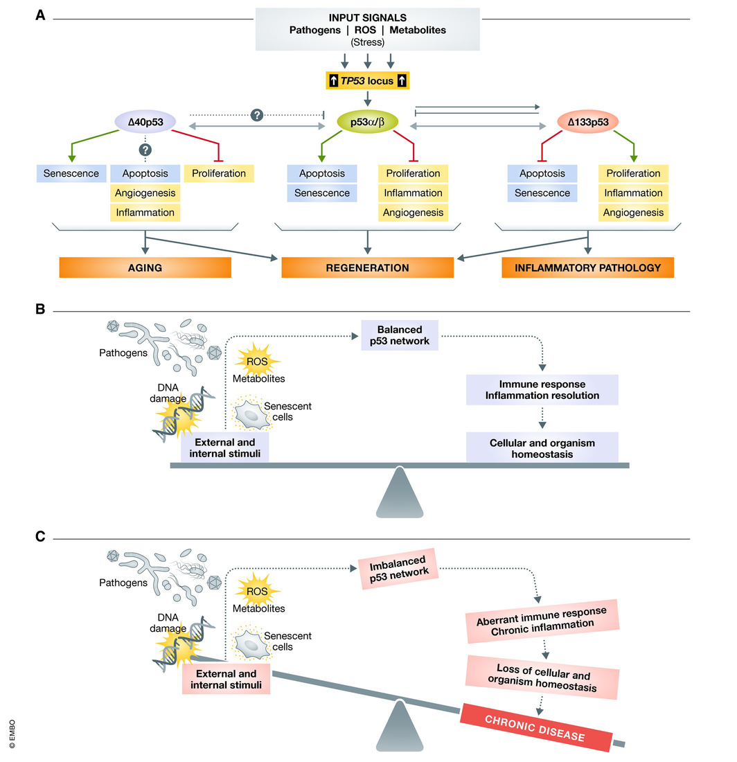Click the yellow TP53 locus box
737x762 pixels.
(367, 80)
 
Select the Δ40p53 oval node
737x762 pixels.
(145, 121)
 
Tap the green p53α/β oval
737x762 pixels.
(367, 121)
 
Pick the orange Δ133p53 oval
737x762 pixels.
(588, 121)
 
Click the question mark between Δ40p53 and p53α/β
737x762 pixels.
(257, 115)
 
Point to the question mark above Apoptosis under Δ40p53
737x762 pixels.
(145, 150)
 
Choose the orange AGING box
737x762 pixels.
(145, 268)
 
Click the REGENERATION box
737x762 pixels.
(367, 268)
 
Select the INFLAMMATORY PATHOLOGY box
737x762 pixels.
(588, 268)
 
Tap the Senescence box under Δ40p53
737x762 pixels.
(71, 173)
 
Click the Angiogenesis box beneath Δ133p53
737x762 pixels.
(634, 213)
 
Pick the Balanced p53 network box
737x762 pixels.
(400, 335)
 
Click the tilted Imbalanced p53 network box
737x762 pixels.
(398, 569)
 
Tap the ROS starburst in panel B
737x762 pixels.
(257, 361)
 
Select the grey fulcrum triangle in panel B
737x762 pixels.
(400, 493)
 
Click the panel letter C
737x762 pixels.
(40, 536)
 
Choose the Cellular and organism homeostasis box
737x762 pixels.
(542, 448)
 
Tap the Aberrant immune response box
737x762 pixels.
(542, 621)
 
